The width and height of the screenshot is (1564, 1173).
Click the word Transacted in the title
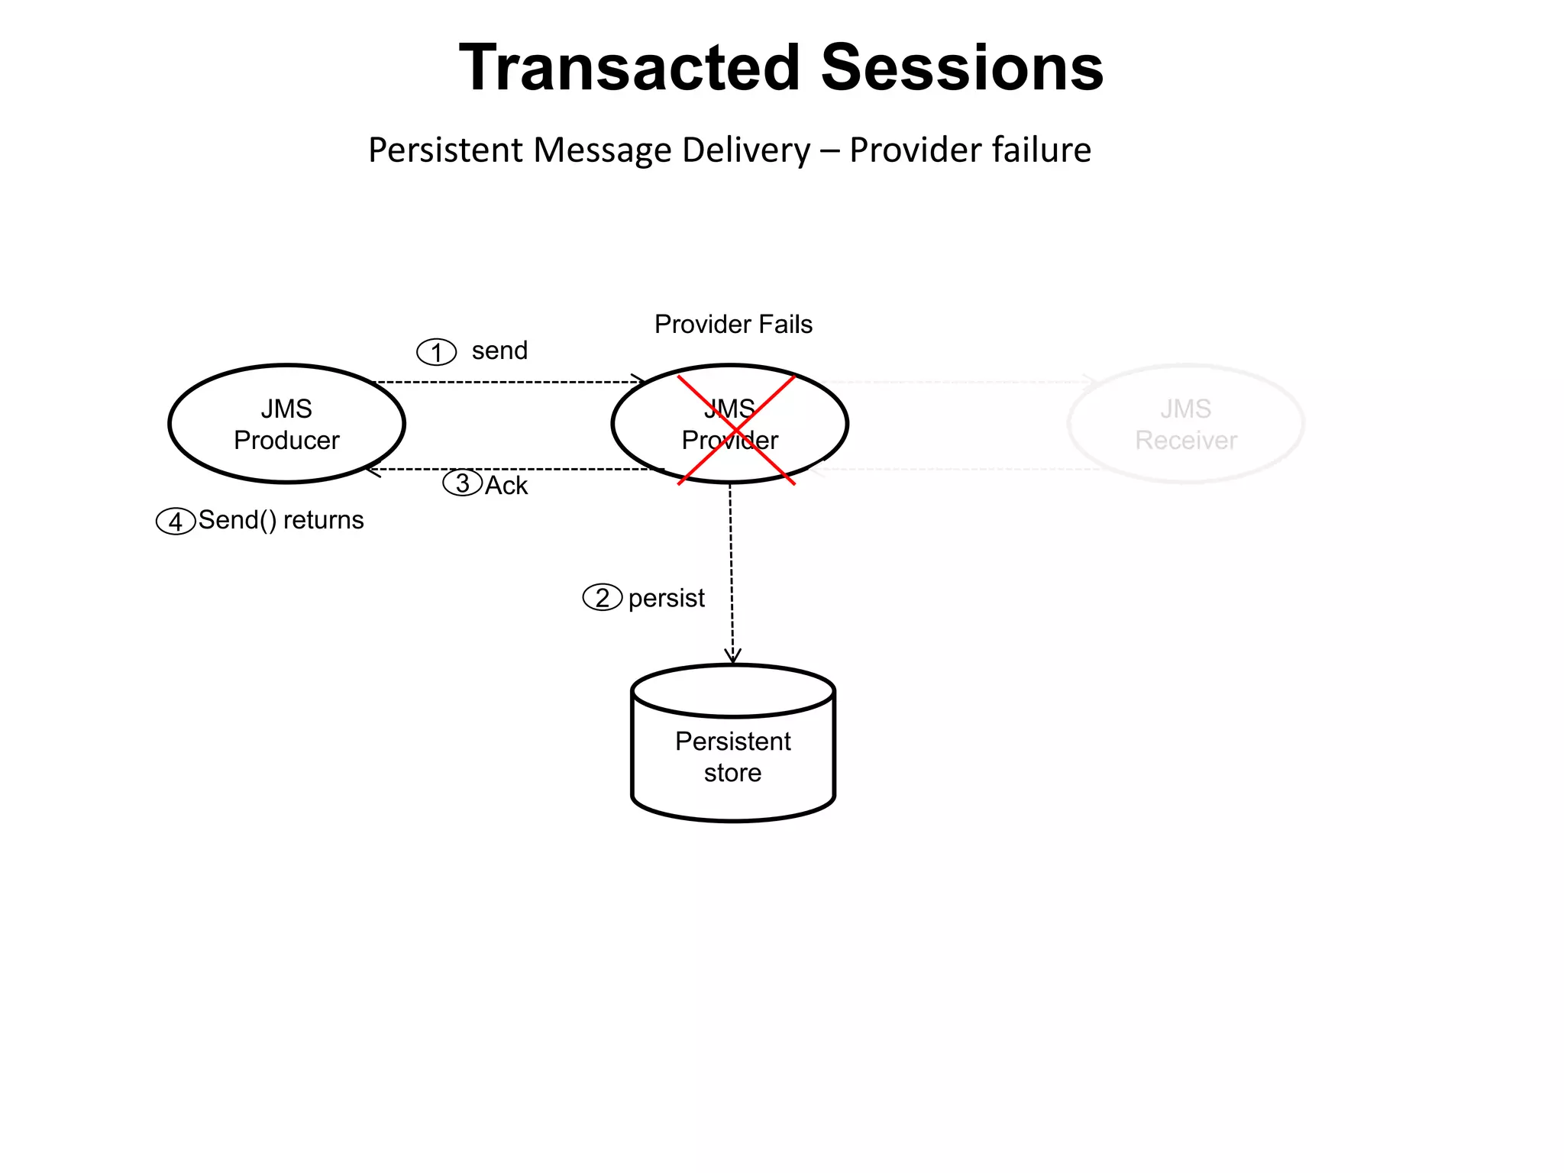tap(630, 68)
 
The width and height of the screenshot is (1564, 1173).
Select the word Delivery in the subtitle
tap(745, 150)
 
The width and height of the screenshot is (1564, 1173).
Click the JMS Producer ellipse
tap(286, 424)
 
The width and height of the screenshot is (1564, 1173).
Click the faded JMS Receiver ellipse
tap(1185, 424)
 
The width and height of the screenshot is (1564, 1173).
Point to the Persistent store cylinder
tap(733, 756)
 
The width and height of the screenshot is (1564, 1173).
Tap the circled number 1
tap(436, 352)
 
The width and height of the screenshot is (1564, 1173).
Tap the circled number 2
tap(603, 597)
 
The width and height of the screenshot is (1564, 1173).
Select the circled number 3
tap(463, 483)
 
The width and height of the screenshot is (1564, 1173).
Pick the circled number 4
tap(176, 522)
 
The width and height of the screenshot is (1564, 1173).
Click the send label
tap(499, 351)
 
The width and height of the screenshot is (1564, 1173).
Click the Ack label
tap(506, 486)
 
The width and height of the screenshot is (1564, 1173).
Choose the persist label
tap(666, 598)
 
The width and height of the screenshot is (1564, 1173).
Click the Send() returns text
tap(281, 520)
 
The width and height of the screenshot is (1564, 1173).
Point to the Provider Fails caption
tap(733, 325)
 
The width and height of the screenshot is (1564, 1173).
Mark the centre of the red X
tap(736, 429)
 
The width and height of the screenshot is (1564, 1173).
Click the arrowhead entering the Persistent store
tap(732, 657)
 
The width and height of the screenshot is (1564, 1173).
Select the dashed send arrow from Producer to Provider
tap(508, 382)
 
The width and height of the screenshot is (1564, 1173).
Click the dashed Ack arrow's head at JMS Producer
tap(373, 470)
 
